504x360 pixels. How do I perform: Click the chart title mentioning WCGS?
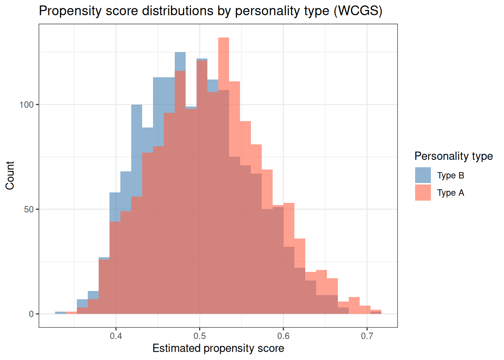tap(210, 10)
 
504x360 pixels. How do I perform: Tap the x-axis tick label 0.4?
tap(116, 336)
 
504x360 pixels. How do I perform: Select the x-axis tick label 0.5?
tap(199, 336)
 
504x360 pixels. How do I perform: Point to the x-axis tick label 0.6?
tap(283, 336)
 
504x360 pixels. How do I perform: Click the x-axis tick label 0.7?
tap(367, 336)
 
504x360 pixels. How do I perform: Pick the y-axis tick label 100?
tap(26, 105)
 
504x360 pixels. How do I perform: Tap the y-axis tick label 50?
tap(28, 209)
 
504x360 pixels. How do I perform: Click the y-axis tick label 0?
tap(31, 314)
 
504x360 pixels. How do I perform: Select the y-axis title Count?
tap(10, 175)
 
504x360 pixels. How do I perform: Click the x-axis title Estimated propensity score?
tap(218, 348)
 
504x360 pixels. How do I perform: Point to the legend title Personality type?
tap(453, 156)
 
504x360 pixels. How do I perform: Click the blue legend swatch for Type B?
tap(423, 175)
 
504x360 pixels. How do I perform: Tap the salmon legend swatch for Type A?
tap(423, 193)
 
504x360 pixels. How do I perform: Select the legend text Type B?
tap(450, 175)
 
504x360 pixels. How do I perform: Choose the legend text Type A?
tap(450, 193)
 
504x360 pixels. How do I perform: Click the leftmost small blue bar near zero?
tap(60, 313)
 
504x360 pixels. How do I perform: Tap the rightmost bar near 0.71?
tap(376, 312)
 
